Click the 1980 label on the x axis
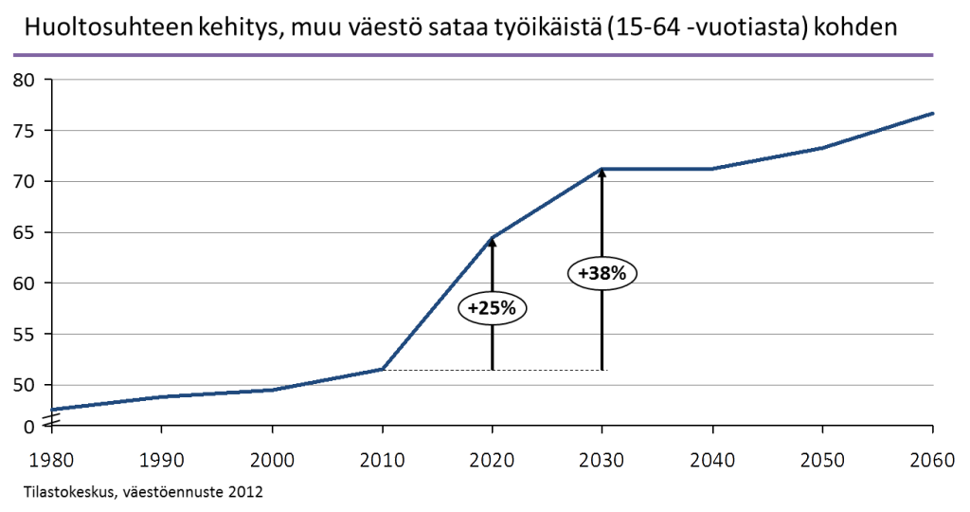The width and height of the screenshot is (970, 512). [x=52, y=460]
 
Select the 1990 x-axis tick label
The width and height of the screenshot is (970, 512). [x=162, y=460]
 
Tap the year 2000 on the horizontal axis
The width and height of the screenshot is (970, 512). [x=272, y=460]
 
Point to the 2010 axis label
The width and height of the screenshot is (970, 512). [x=382, y=460]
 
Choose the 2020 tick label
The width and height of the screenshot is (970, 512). [x=493, y=460]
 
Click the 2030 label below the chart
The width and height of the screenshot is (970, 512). [x=602, y=460]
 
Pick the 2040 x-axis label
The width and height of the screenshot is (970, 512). [x=712, y=460]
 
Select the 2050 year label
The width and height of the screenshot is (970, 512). [x=822, y=460]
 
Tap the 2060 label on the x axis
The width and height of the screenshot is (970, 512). [x=932, y=460]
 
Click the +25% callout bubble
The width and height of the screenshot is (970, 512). [x=492, y=308]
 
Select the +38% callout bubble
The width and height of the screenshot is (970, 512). [x=602, y=273]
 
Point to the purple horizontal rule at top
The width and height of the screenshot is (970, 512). [x=474, y=56]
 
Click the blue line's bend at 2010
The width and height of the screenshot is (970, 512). [x=382, y=368]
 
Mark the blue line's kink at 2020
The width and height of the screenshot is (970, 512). [x=493, y=236]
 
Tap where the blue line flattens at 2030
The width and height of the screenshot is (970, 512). [x=602, y=169]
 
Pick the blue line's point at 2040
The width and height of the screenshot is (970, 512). [x=712, y=169]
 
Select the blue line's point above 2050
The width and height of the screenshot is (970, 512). [x=822, y=147]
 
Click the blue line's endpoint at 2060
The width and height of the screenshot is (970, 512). [x=933, y=113]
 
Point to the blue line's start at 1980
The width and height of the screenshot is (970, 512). [x=53, y=409]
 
